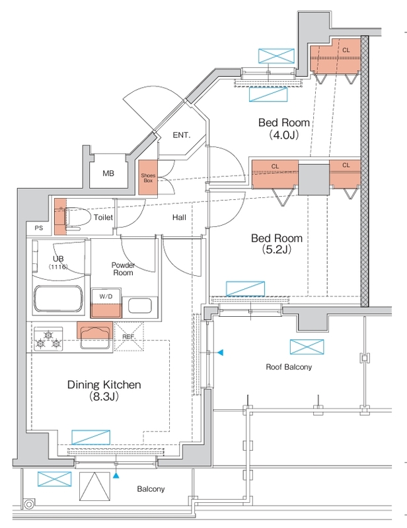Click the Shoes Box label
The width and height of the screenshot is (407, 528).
(148, 178)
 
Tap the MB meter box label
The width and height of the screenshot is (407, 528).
(108, 174)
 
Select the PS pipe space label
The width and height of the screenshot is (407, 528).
(39, 228)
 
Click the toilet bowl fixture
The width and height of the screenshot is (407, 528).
(77, 218)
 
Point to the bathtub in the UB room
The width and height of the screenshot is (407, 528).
(58, 299)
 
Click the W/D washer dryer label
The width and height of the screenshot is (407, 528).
(106, 296)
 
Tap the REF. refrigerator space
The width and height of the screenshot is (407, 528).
(129, 337)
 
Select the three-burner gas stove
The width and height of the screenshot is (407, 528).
(48, 339)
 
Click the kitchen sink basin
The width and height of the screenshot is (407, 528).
(95, 339)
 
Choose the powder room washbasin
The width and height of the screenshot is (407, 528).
(139, 306)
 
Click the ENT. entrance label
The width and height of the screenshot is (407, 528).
(182, 135)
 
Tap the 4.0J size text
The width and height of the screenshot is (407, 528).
(284, 135)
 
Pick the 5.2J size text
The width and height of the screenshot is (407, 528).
(276, 249)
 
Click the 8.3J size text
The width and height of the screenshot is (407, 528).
(104, 397)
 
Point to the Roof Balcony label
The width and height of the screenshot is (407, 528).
(289, 367)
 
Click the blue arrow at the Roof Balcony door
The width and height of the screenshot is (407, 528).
(220, 352)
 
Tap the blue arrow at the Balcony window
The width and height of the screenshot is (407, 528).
(116, 475)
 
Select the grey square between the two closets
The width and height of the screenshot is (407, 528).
(314, 180)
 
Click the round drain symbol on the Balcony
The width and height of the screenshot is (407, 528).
(29, 504)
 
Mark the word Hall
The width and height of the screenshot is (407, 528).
(179, 217)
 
